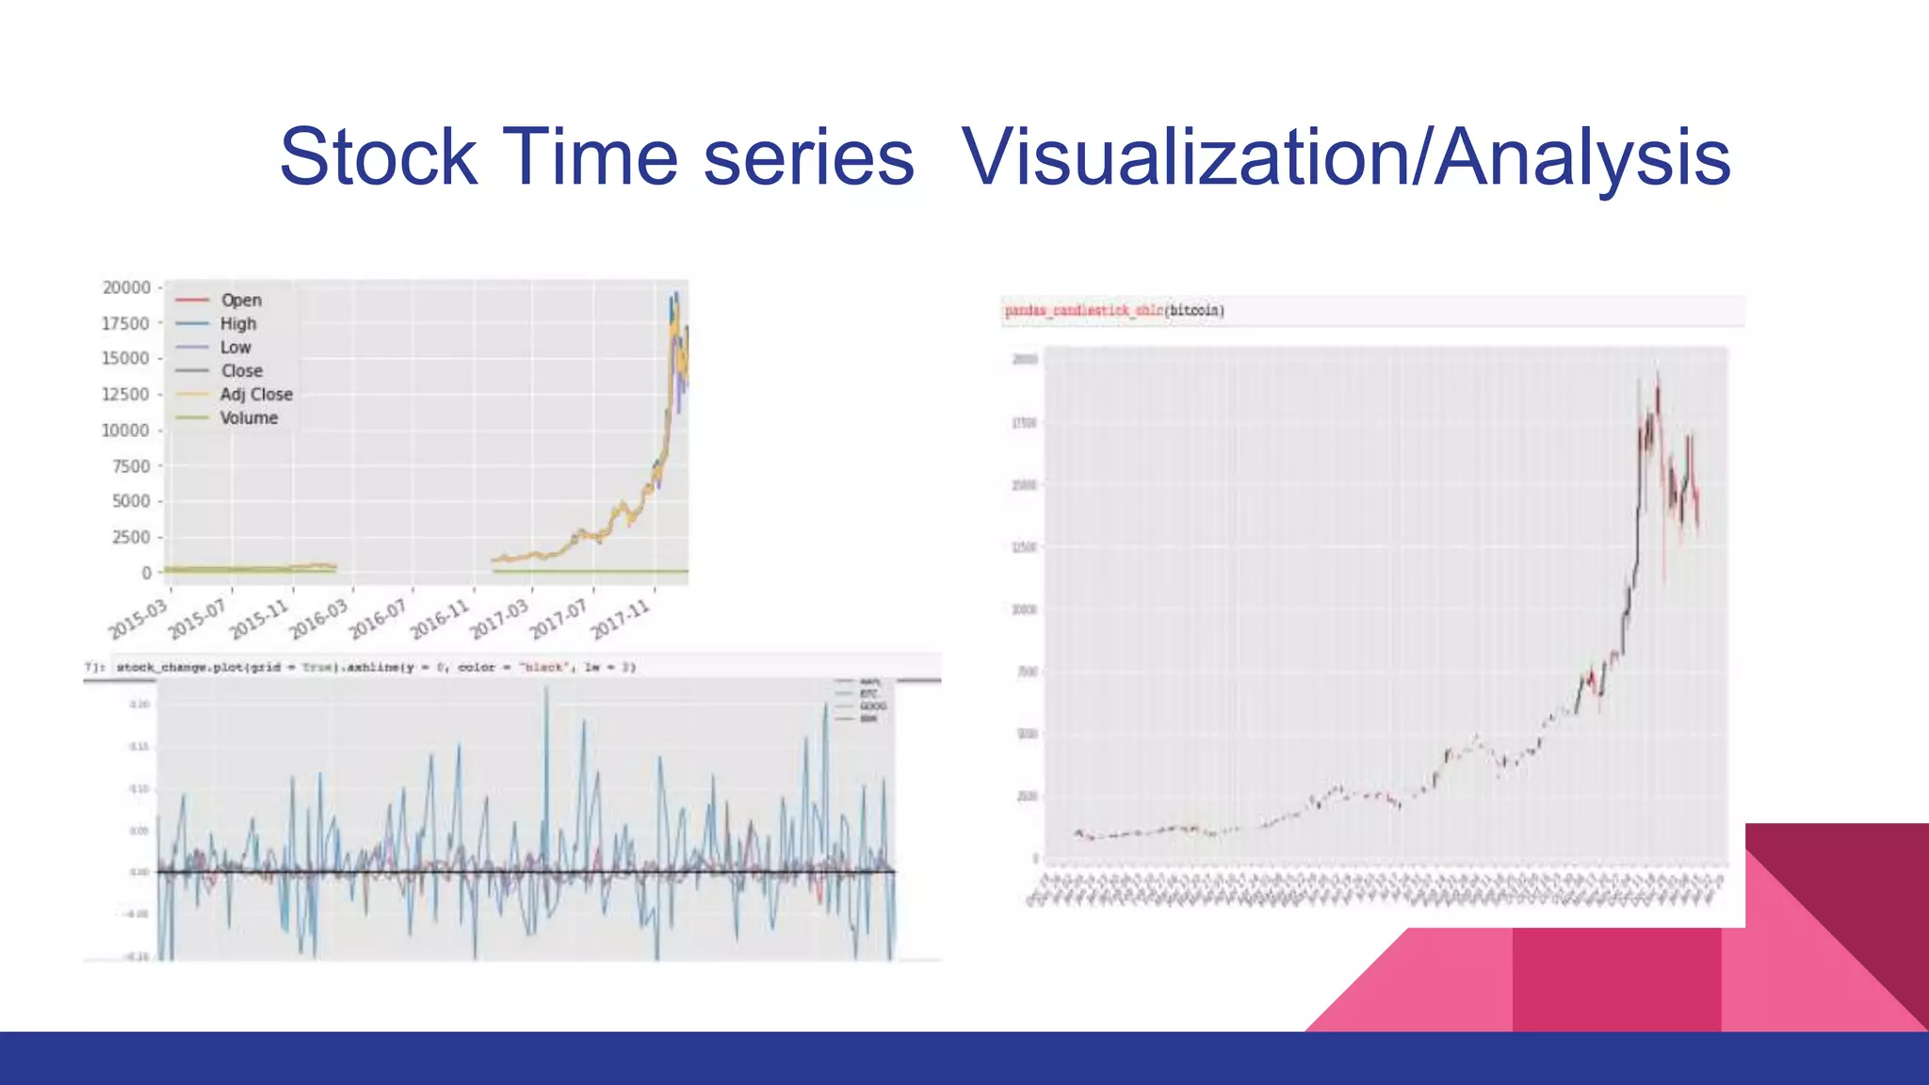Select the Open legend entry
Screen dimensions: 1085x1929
[241, 300]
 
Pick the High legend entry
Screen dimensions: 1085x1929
[238, 324]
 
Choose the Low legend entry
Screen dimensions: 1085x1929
[235, 348]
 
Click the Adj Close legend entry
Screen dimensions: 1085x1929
[256, 395]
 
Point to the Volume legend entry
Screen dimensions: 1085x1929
[249, 418]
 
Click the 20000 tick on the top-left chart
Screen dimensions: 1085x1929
[126, 287]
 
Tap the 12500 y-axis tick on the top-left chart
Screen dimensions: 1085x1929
[126, 394]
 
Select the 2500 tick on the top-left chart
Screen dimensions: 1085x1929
[131, 537]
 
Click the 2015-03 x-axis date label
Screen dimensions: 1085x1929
[138, 619]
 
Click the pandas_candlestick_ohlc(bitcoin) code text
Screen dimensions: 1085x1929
[1114, 311]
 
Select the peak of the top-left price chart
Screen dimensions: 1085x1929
[675, 295]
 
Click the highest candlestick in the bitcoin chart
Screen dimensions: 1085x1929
[1658, 377]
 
